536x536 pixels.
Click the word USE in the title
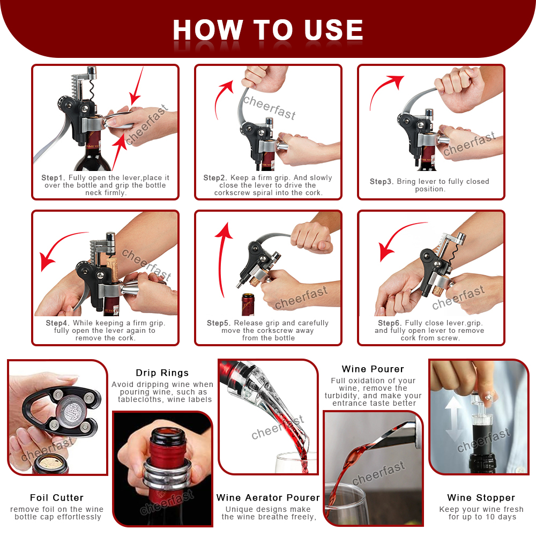(x=333, y=29)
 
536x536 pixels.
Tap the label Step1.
(x=53, y=178)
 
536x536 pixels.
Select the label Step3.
(x=382, y=182)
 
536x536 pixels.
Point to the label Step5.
(x=219, y=323)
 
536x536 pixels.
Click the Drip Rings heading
(x=162, y=373)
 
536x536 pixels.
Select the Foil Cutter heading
(x=57, y=497)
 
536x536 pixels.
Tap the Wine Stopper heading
(x=481, y=497)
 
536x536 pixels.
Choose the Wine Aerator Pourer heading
(x=269, y=497)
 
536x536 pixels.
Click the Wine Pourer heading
(x=373, y=369)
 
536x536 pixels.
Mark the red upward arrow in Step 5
(x=220, y=260)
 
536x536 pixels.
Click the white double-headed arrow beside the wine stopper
(x=454, y=420)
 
